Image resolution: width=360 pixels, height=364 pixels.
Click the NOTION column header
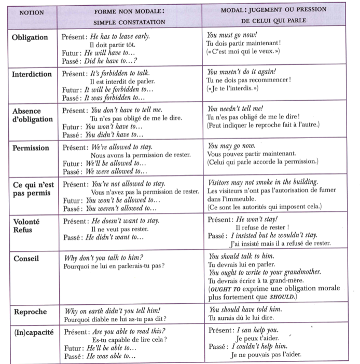tap(34, 12)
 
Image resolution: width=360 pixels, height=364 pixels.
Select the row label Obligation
tap(30, 37)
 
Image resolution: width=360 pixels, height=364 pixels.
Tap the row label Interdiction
tap(32, 74)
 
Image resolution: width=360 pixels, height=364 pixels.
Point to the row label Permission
tap(31, 147)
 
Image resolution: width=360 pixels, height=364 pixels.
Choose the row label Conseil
tap(26, 257)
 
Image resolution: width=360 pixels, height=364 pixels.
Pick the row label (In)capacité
tap(33, 332)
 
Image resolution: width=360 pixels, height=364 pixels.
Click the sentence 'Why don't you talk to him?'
tap(104, 258)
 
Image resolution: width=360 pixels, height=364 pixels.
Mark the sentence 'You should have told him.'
tap(245, 309)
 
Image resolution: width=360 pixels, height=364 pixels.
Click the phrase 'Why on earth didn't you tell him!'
tap(115, 311)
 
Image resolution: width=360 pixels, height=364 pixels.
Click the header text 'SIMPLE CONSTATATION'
tap(130, 22)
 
